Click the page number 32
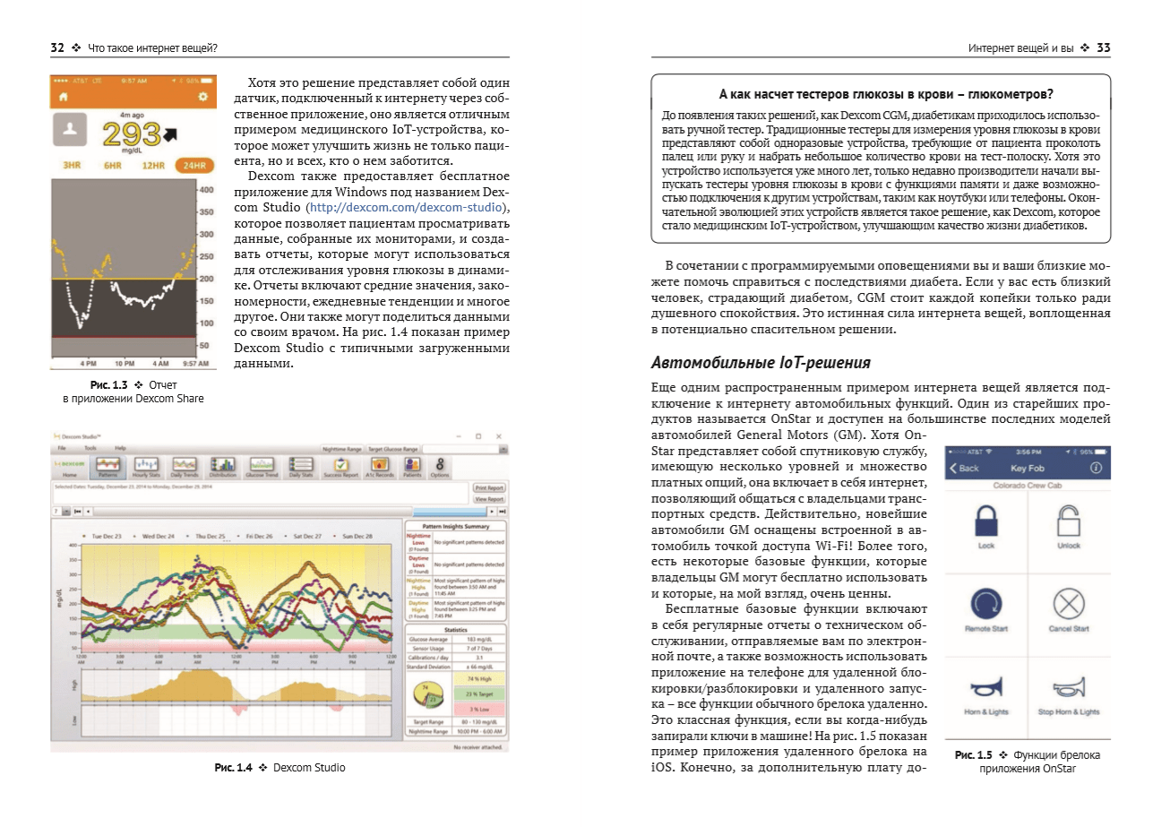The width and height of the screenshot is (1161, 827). [x=56, y=47]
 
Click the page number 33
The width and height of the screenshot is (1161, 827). [x=1104, y=47]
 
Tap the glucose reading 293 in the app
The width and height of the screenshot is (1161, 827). [x=131, y=134]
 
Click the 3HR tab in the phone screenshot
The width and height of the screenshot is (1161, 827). [x=71, y=166]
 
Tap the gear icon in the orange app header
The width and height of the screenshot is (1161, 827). [x=203, y=97]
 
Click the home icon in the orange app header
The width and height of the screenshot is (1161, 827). [x=63, y=97]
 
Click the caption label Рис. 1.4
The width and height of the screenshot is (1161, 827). [x=233, y=768]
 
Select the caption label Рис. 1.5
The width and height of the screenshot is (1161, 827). [x=974, y=755]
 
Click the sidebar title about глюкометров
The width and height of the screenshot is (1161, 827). [x=886, y=94]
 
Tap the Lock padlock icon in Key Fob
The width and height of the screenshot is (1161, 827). [x=985, y=520]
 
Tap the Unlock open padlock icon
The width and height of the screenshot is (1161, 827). [x=1069, y=520]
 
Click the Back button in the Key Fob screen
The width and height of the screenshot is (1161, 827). [x=964, y=469]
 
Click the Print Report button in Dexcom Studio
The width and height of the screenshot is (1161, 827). [x=489, y=488]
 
